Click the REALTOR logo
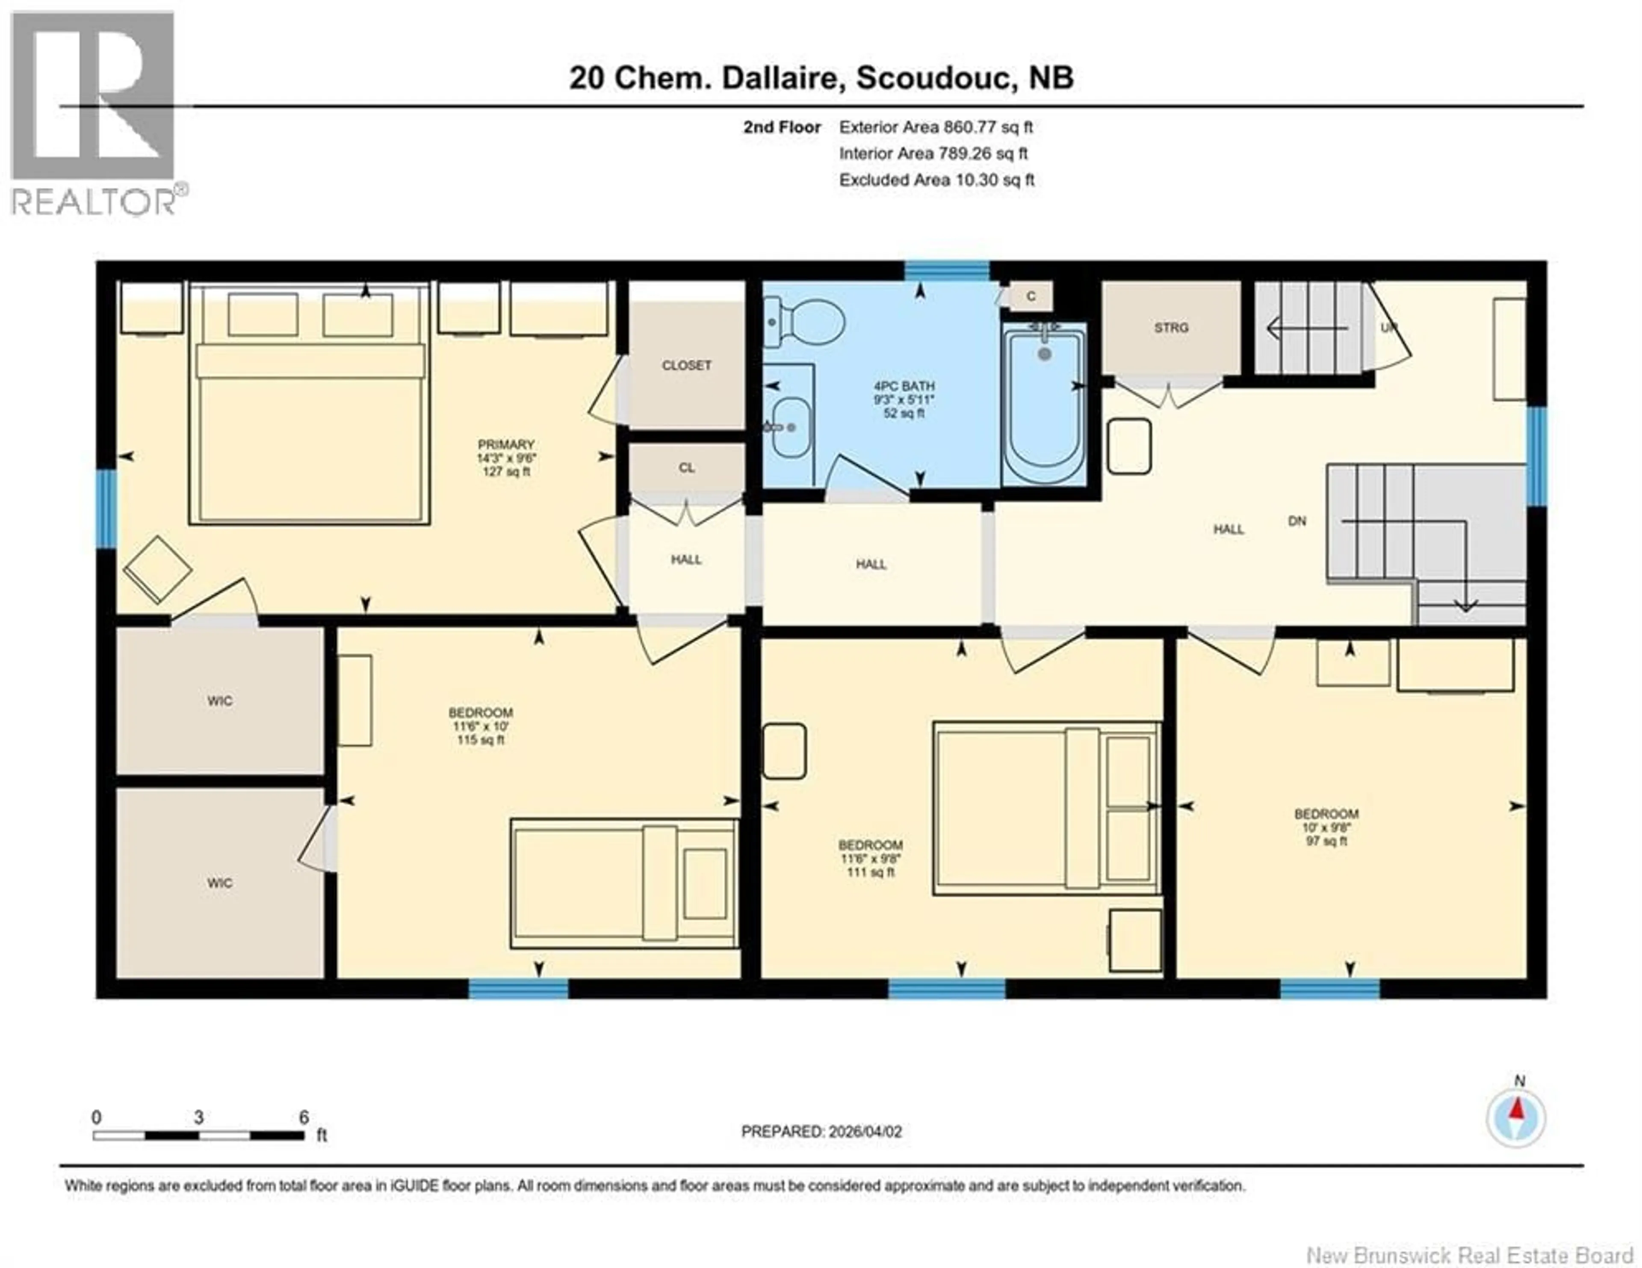[x=94, y=113]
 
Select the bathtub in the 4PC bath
[x=1043, y=406]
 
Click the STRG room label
[x=1171, y=328]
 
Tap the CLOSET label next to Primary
[x=686, y=365]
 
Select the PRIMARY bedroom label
[x=506, y=444]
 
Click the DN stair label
[x=1297, y=521]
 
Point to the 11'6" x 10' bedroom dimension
[x=481, y=726]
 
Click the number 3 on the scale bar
[x=198, y=1117]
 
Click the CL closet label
[x=686, y=468]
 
